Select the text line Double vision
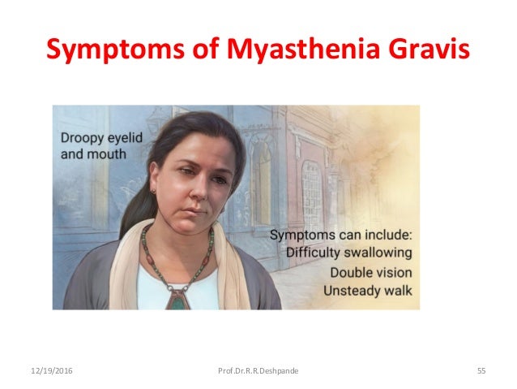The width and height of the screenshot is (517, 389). pos(368,272)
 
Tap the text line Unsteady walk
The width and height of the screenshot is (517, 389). pos(368,290)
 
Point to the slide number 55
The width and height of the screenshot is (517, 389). pos(481,371)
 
